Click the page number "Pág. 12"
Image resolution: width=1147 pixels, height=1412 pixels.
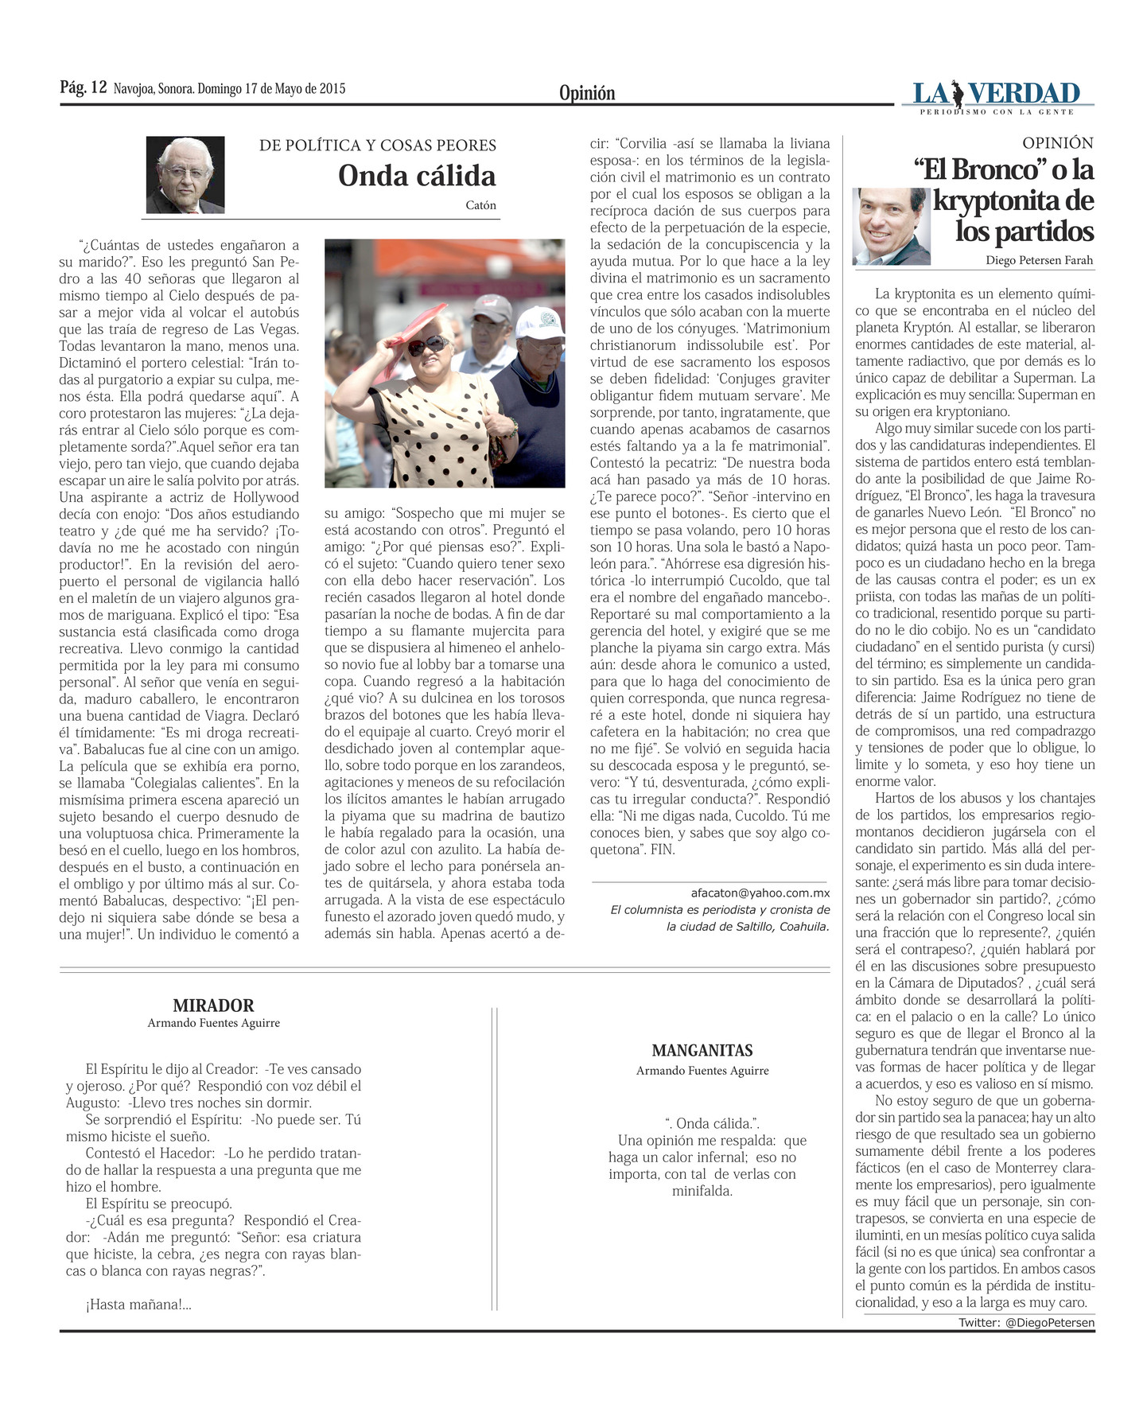pos(83,88)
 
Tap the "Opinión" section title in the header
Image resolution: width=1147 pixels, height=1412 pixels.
pos(586,93)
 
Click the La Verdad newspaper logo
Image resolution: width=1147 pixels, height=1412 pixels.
pos(997,96)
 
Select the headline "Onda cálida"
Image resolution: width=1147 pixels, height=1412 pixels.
pos(416,175)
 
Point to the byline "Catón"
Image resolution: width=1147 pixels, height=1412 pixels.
pos(480,205)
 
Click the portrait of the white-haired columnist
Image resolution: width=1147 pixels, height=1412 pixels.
pos(185,175)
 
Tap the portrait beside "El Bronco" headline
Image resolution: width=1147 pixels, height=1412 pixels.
pos(891,227)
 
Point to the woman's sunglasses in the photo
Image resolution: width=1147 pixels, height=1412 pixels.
pos(427,344)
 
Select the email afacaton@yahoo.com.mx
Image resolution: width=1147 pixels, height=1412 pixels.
pos(760,893)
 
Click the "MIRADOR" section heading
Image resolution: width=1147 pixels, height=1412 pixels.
pos(213,1006)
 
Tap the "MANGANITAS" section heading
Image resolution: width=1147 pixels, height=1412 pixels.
pos(702,1050)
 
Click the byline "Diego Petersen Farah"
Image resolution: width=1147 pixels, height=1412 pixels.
pos(1039,260)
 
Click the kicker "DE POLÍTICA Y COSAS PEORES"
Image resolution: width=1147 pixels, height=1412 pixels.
pos(377,146)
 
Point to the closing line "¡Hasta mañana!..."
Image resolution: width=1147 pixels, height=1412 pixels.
pos(138,1305)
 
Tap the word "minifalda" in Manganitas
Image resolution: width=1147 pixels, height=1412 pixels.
pos(702,1191)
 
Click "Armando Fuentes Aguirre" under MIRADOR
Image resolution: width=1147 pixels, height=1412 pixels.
pos(213,1023)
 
